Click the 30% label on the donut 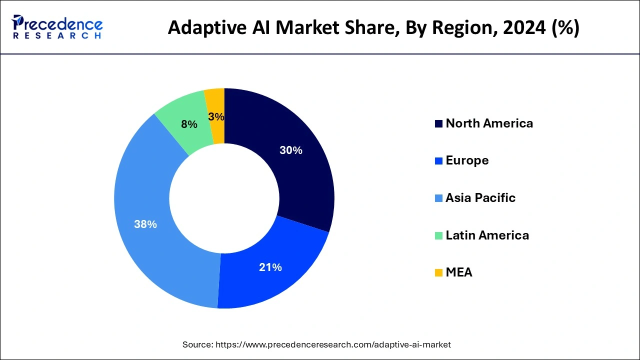[x=290, y=150]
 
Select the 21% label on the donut [x=270, y=267]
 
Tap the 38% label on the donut [x=145, y=224]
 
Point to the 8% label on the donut [x=189, y=124]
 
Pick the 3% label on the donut [x=216, y=117]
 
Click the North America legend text [x=489, y=123]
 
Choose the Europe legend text [x=467, y=160]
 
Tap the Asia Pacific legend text [x=480, y=198]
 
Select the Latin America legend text [x=487, y=235]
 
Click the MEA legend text [x=458, y=272]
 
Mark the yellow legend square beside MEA [x=438, y=273]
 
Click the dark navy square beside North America [x=438, y=124]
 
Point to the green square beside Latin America [x=438, y=235]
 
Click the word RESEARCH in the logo [x=57, y=36]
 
